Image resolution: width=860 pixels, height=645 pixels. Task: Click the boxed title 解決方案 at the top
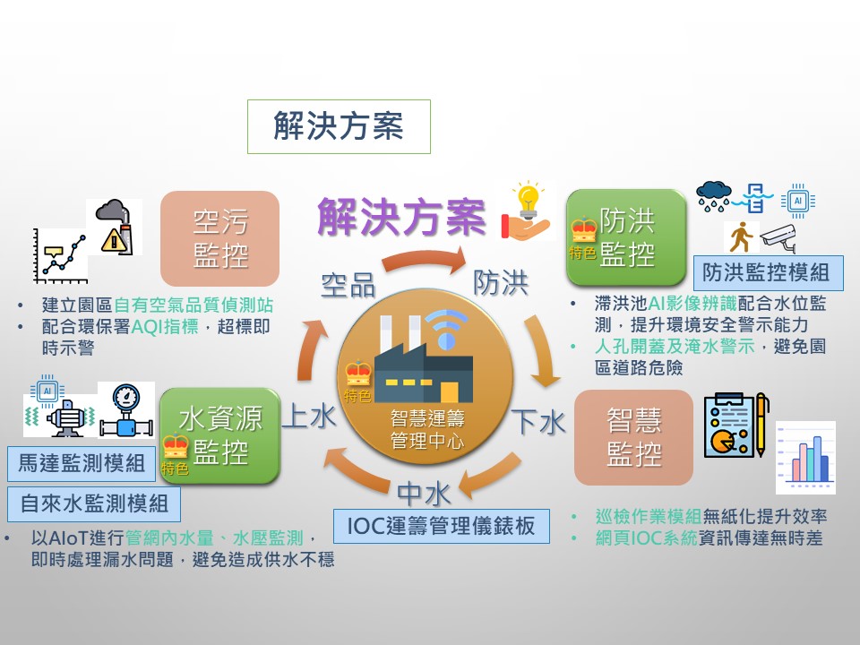339,126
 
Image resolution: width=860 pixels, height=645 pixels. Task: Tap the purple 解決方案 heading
401,217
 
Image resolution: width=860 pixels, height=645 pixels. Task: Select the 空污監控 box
220,238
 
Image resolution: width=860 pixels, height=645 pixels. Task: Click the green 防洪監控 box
626,237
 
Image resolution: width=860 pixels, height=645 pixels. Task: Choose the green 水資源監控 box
220,435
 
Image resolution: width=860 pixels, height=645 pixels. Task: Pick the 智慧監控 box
633,437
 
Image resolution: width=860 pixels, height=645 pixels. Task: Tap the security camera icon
778,237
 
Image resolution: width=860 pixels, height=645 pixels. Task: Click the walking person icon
741,236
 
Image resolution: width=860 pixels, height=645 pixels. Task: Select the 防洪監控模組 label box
768,272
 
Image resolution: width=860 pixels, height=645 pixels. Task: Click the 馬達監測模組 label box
82,463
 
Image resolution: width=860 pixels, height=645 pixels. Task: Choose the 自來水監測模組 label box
94,504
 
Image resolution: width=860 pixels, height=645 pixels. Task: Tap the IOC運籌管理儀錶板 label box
442,526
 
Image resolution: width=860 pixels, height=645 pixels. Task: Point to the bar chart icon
805,458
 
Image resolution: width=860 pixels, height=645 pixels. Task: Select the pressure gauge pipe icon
126,410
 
